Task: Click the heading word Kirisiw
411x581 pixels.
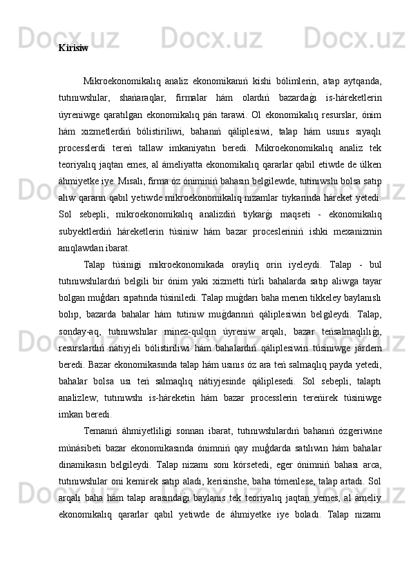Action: point(73,49)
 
